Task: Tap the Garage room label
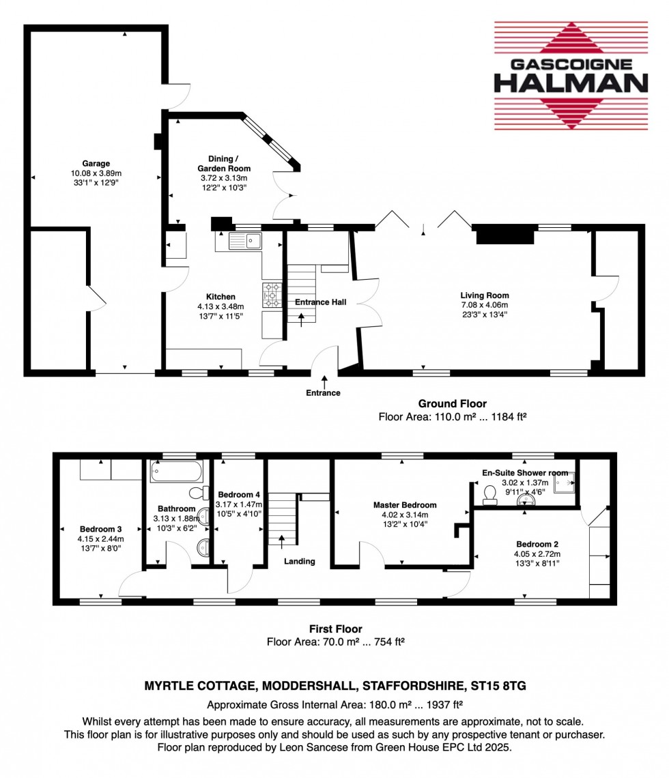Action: click(96, 164)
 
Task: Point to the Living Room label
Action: click(485, 296)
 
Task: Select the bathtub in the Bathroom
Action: click(176, 470)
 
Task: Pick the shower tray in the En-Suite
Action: click(565, 483)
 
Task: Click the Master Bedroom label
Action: click(405, 505)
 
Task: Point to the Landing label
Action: click(300, 561)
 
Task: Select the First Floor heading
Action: click(334, 629)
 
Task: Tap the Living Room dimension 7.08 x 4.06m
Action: click(485, 305)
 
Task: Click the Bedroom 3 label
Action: click(100, 529)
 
